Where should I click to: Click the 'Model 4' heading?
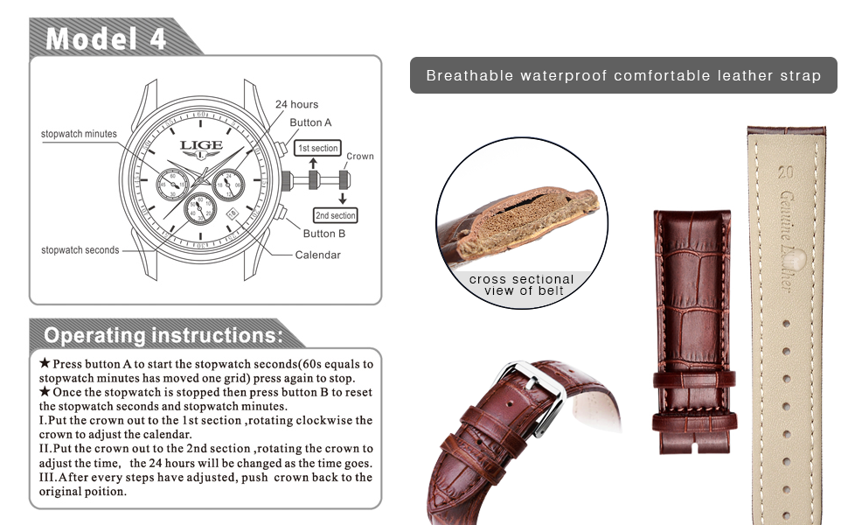point(104,38)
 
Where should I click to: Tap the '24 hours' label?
point(296,105)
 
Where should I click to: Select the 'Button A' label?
point(310,123)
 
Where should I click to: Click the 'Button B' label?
point(323,234)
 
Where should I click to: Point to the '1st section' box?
point(317,149)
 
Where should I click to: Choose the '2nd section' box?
point(335,215)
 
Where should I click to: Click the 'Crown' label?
point(359,157)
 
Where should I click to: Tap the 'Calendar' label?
point(317,255)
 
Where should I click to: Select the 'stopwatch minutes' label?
point(79,134)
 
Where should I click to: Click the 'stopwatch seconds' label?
point(80,250)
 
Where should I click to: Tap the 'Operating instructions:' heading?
point(163,335)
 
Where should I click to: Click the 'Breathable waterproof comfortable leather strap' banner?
point(623,75)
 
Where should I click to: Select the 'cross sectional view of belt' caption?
point(521,285)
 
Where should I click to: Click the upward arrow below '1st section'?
point(313,164)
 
